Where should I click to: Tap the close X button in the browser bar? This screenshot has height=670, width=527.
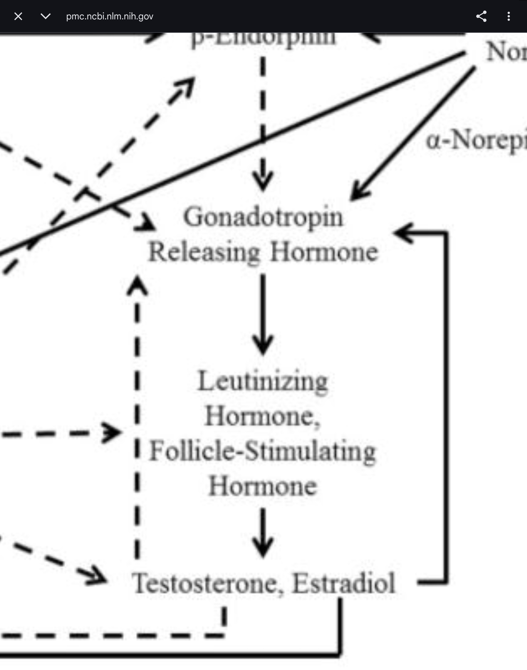[x=18, y=16]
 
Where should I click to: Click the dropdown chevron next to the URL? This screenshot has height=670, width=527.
[x=45, y=16]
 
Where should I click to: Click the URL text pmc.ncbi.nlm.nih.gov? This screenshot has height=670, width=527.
[x=110, y=16]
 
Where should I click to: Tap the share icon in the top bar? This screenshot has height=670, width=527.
[x=481, y=16]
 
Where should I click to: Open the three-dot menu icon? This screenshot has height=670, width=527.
[x=508, y=16]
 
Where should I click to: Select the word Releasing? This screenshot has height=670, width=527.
[x=204, y=252]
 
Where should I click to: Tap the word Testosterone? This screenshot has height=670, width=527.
[x=204, y=583]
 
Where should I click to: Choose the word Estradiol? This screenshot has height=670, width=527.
[x=344, y=583]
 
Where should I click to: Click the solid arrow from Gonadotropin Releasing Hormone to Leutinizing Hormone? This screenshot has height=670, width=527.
[x=263, y=315]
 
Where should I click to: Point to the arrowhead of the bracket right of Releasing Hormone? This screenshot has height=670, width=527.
[x=403, y=233]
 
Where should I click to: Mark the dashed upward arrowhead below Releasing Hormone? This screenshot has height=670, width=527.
[x=137, y=285]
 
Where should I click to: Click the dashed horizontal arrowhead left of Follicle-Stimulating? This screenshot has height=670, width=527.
[x=112, y=433]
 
